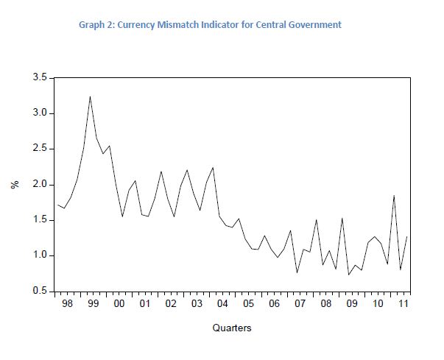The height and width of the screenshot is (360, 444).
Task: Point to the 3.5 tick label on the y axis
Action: [x=40, y=77]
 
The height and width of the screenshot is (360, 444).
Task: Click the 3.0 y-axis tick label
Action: [x=40, y=113]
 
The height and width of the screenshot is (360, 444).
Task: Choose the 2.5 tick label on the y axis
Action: [x=40, y=149]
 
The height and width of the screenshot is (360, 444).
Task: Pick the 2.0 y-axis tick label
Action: [x=40, y=184]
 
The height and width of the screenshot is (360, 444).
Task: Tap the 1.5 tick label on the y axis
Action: [x=40, y=220]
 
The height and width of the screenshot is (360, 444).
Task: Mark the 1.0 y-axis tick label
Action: [x=40, y=255]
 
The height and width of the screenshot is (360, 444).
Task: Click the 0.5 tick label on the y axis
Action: [x=40, y=291]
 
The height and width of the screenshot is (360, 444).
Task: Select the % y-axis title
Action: [x=14, y=184]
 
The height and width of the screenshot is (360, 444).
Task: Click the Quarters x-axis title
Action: [x=232, y=328]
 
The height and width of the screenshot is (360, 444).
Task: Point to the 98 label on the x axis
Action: [x=68, y=303]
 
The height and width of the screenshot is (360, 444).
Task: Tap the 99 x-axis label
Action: [x=94, y=303]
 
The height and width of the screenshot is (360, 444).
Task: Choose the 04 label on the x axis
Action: [x=222, y=303]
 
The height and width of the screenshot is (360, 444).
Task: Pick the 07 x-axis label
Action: [x=300, y=303]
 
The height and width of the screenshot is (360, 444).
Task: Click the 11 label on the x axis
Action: [x=403, y=303]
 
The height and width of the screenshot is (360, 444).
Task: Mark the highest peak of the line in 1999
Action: [x=90, y=96]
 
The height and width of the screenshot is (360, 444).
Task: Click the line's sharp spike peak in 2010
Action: [x=394, y=196]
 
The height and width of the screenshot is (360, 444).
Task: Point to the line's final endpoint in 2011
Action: [x=407, y=236]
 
